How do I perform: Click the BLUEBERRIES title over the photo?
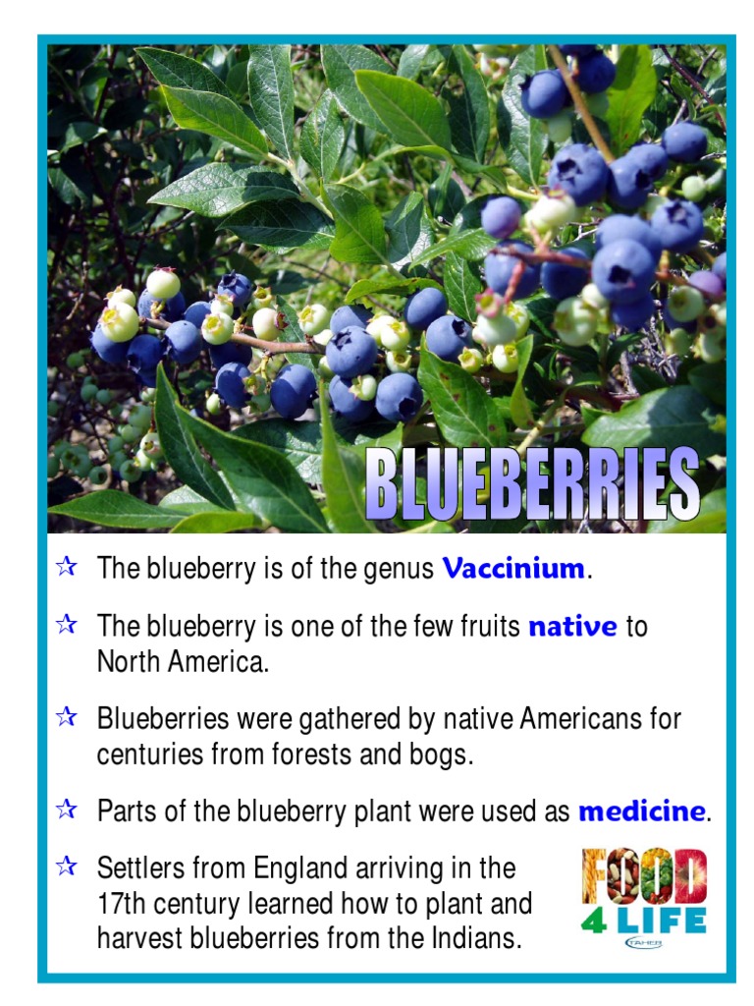[x=531, y=485]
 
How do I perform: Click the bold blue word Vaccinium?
[x=513, y=569]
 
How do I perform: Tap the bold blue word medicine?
[x=641, y=811]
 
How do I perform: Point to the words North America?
[x=182, y=662]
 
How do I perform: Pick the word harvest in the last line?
[x=140, y=939]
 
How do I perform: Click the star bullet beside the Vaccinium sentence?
[x=67, y=567]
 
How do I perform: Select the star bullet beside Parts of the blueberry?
[x=67, y=810]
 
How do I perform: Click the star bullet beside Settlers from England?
[x=67, y=867]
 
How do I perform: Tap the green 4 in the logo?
[x=593, y=922]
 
